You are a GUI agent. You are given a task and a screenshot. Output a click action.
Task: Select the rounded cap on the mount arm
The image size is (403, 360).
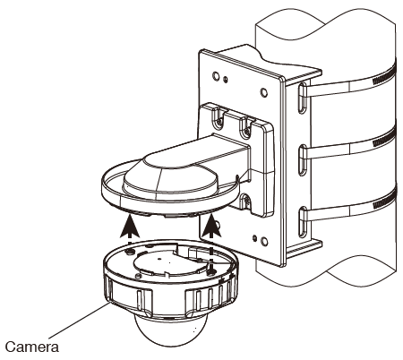166,176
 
